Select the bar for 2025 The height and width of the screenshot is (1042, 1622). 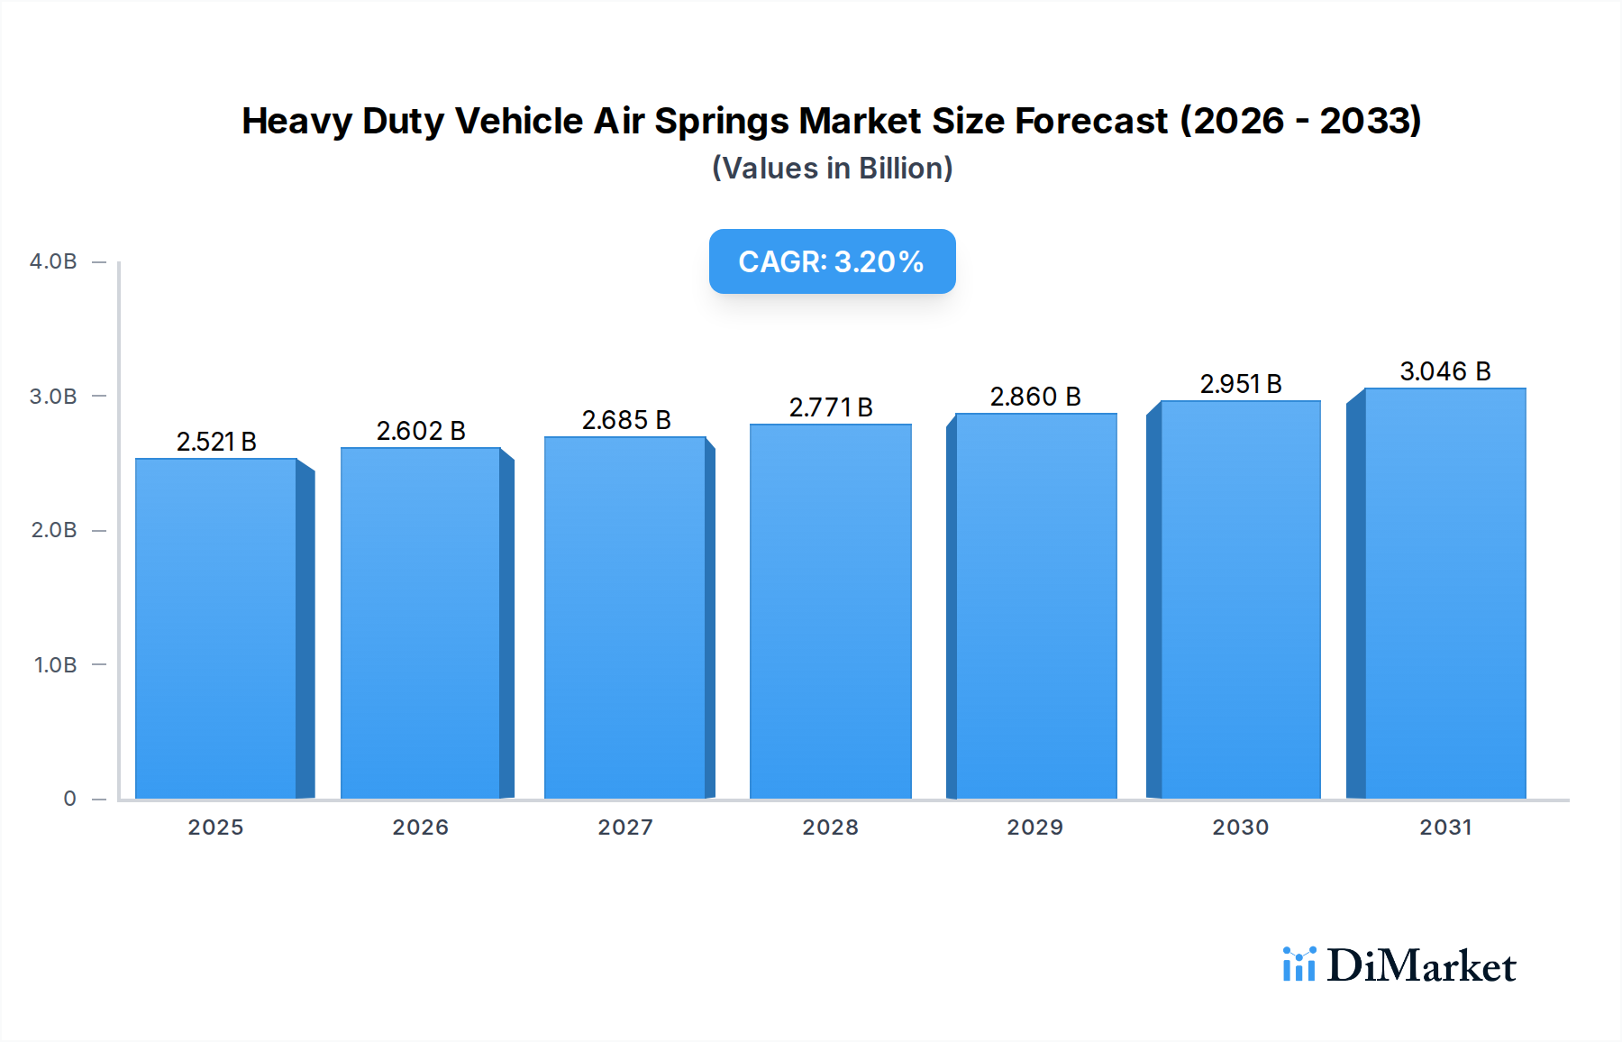[x=216, y=628]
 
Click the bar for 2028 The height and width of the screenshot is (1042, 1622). [x=830, y=611]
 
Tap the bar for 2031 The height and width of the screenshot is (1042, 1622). [x=1444, y=593]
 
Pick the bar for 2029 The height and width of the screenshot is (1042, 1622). [x=1035, y=606]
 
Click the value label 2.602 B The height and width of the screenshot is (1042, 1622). [x=421, y=431]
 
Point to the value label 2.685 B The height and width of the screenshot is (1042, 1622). [x=626, y=420]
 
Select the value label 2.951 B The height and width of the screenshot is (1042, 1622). [x=1241, y=384]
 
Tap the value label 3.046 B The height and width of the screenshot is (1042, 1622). [x=1445, y=371]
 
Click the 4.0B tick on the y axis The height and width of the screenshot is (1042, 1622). [x=53, y=261]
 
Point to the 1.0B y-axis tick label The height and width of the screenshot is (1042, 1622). [x=55, y=665]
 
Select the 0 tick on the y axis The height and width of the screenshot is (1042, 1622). [x=69, y=799]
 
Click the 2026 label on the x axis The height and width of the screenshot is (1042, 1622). [x=421, y=827]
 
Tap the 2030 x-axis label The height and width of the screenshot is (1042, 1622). [x=1241, y=827]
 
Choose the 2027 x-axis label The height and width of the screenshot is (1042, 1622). [x=625, y=827]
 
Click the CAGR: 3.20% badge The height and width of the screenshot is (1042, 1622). [x=832, y=261]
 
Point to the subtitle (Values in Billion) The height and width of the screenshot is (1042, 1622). [x=832, y=169]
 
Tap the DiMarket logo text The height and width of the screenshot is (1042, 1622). [x=1421, y=966]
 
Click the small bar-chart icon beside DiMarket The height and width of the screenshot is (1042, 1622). [x=1299, y=964]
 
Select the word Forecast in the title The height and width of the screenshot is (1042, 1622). [x=1091, y=122]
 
